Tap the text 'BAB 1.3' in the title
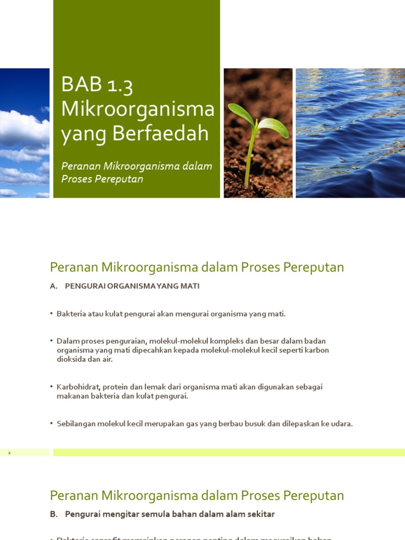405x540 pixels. pyautogui.click(x=96, y=85)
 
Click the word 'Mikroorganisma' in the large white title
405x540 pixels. pyautogui.click(x=138, y=109)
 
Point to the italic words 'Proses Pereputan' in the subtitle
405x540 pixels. pyautogui.click(x=102, y=179)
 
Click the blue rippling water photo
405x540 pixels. pyautogui.click(x=350, y=133)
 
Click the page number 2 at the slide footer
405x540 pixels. pyautogui.click(x=9, y=452)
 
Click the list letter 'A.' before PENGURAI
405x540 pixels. pyautogui.click(x=53, y=286)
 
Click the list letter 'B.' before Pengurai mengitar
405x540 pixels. pyautogui.click(x=53, y=514)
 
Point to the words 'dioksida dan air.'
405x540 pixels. pyautogui.click(x=84, y=359)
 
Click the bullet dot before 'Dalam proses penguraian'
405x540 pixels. pyautogui.click(x=52, y=341)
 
